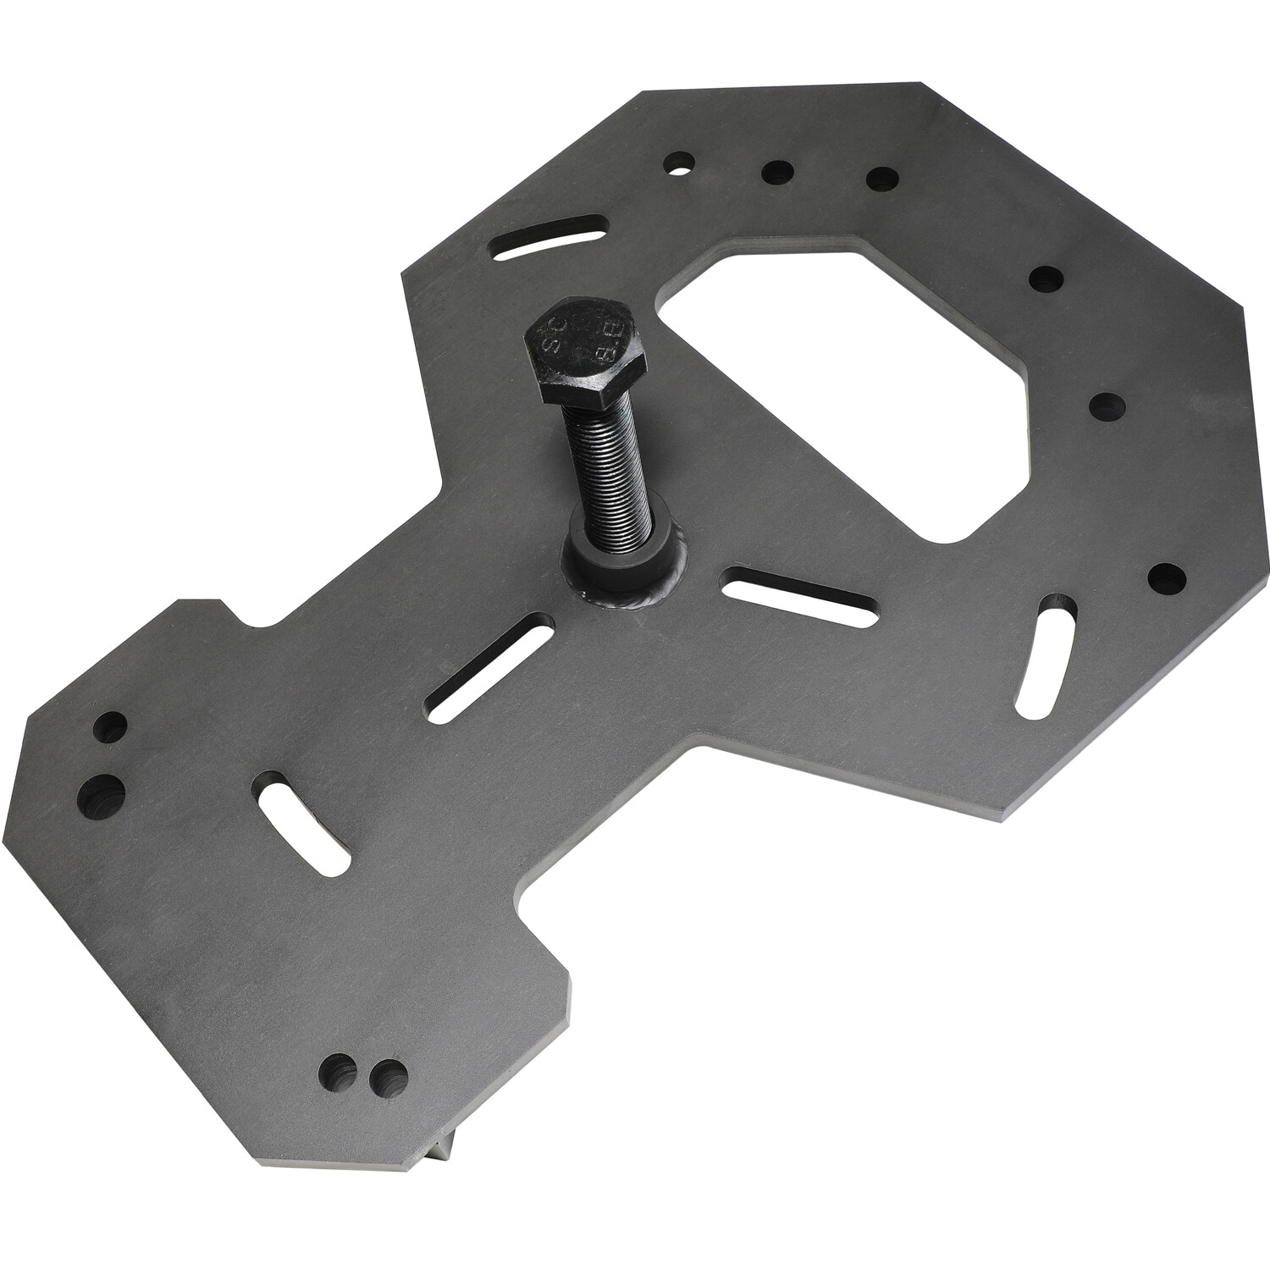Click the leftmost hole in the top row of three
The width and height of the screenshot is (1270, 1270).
pos(679,161)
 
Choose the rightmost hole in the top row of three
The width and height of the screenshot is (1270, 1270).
pos(881,179)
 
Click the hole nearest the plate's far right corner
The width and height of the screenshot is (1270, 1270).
pos(1167,577)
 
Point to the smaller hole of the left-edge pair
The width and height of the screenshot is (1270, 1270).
pos(111,726)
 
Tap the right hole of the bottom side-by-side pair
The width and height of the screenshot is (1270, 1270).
pos(389,1076)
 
